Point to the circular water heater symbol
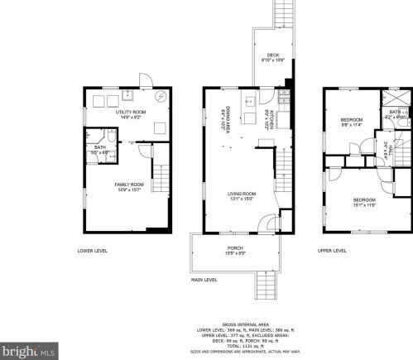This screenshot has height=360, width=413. pyautogui.click(x=161, y=98)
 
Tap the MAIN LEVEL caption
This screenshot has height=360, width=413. pyautogui.click(x=204, y=280)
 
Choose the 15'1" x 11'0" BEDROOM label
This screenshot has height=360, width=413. pyautogui.click(x=366, y=201)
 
